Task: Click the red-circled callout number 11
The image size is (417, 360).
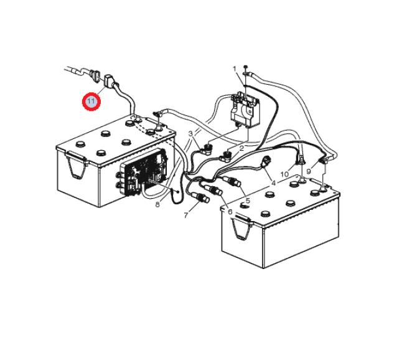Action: [x=91, y=102]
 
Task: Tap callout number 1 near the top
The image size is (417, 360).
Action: [x=234, y=69]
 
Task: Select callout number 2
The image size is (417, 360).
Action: [x=241, y=149]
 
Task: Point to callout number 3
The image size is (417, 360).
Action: [x=190, y=133]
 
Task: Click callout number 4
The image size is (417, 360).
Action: [x=273, y=183]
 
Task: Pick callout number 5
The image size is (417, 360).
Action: [x=248, y=201]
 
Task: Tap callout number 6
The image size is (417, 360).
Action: [x=230, y=212]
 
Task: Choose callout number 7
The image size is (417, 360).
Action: [x=186, y=215]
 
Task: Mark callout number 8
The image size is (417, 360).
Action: [x=157, y=205]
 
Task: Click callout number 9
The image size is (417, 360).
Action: [x=309, y=172]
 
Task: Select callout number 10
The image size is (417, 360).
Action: [x=284, y=174]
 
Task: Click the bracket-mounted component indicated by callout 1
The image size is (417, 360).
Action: [x=245, y=110]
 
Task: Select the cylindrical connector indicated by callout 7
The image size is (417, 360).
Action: [x=201, y=198]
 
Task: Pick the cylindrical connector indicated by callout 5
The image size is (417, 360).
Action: [x=233, y=181]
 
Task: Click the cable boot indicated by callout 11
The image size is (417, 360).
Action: [x=108, y=80]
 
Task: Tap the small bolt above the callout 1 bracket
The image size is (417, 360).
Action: [x=245, y=67]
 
